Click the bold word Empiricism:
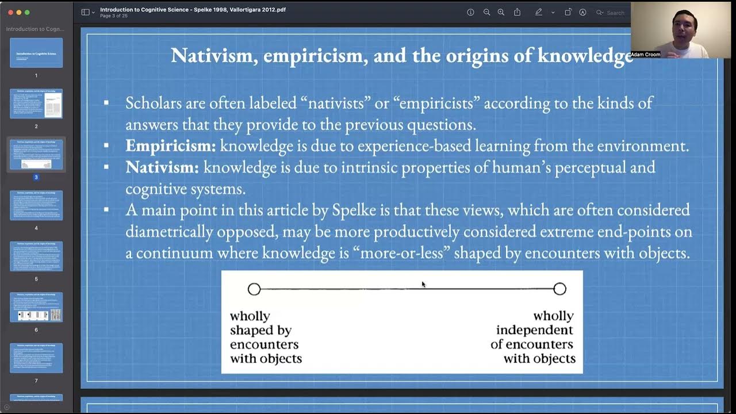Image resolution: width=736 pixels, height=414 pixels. point(170,146)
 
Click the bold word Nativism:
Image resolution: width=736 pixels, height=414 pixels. point(162,168)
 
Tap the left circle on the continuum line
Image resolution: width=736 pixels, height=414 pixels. point(254,289)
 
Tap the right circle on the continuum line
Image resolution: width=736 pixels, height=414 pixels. point(559,289)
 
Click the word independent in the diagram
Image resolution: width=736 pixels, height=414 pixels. point(534,330)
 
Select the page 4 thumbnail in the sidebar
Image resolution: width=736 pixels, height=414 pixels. point(36,205)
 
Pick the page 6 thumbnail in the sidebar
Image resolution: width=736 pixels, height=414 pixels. point(36,307)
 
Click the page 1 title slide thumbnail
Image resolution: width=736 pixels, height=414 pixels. point(36,53)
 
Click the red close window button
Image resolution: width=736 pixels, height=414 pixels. point(10,12)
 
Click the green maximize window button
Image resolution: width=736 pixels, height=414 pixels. point(27,12)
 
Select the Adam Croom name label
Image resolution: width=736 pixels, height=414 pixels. point(645,55)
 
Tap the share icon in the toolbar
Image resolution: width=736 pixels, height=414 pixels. point(517,12)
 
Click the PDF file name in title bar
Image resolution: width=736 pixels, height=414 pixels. point(193,9)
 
